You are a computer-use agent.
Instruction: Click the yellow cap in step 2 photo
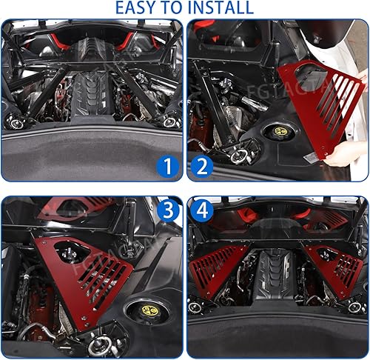pyautogui.click(x=282, y=132)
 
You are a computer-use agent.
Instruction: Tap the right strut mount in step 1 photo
pyautogui.click(x=171, y=121)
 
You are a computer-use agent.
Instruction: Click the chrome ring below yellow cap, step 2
pyautogui.click(x=240, y=155)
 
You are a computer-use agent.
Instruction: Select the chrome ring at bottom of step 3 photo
pyautogui.click(x=99, y=344)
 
